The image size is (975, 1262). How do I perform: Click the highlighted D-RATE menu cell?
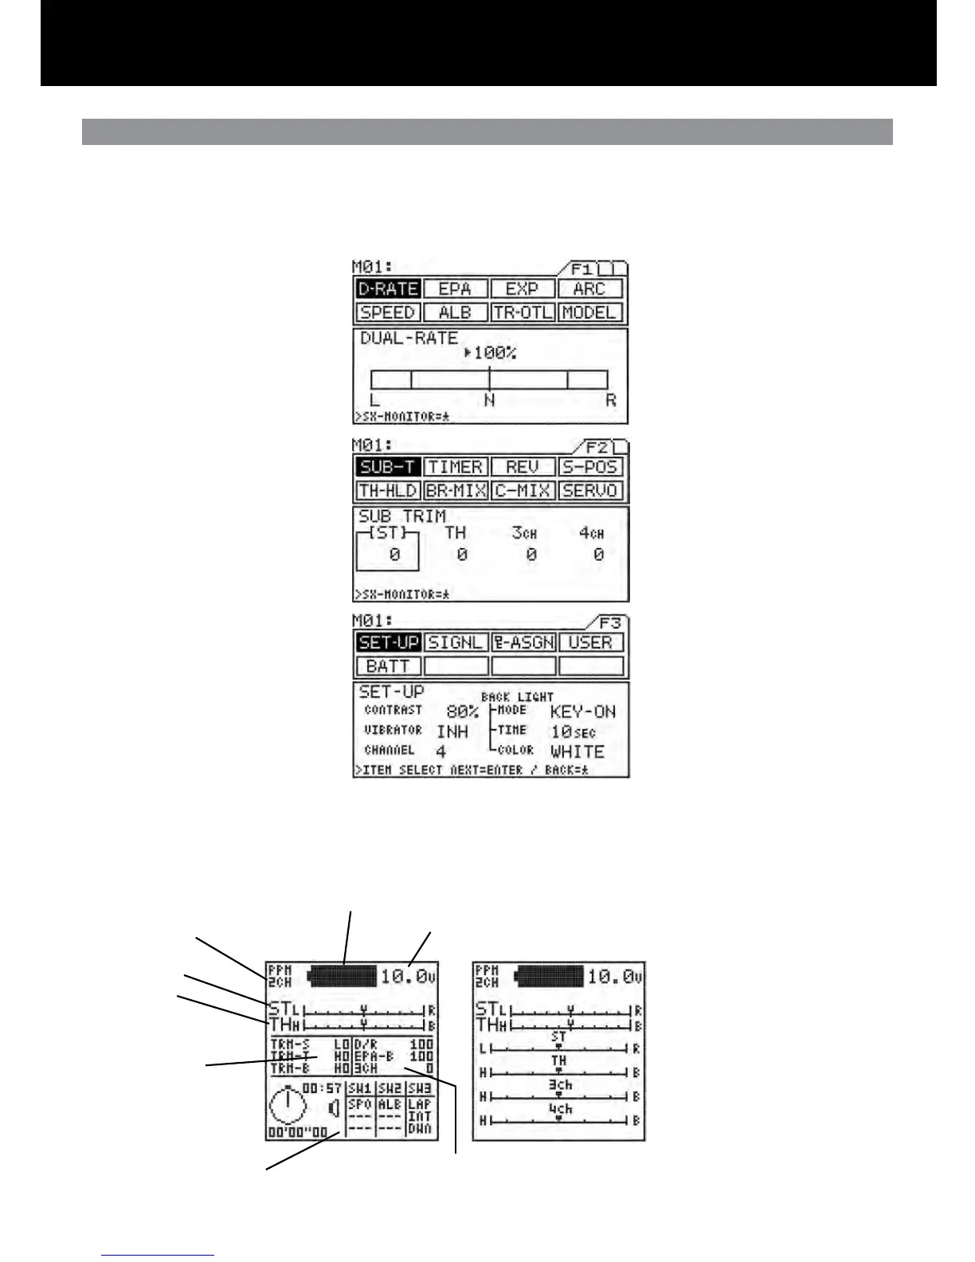coord(387,288)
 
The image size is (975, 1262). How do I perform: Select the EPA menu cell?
coord(455,288)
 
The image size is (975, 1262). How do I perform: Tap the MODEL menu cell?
coord(590,312)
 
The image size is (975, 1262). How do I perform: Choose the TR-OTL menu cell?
coord(523,312)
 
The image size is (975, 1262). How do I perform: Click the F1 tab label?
coord(582,269)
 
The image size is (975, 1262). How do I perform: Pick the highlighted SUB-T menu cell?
coord(387,467)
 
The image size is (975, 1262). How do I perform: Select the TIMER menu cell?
coord(455,467)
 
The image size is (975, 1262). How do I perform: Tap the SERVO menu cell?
coord(590,491)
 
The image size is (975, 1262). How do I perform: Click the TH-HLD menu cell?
coord(387,491)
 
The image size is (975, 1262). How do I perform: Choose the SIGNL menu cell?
coord(455,642)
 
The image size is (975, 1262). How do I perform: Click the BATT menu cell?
coord(387,666)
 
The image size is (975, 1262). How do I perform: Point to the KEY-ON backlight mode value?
coord(583,711)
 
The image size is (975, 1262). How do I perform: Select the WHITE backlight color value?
coord(578,751)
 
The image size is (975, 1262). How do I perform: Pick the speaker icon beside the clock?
coord(334,1107)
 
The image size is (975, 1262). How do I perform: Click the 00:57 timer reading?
coord(323,1088)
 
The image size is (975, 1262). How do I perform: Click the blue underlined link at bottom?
coord(158,1256)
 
